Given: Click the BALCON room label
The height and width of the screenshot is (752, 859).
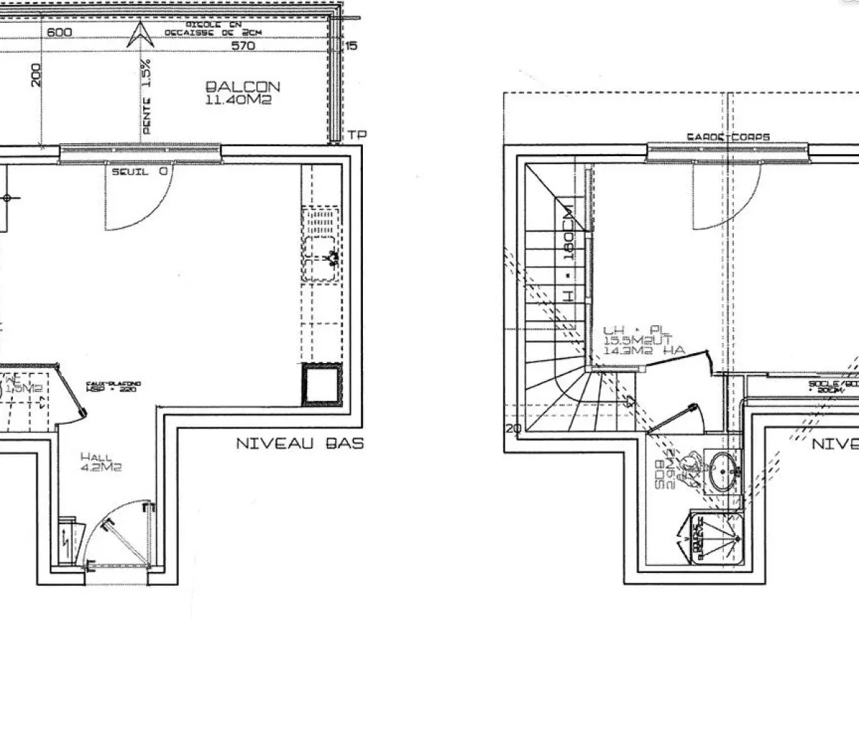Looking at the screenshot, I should click(x=243, y=87).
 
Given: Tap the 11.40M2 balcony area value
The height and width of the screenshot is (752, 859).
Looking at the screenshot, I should click(x=238, y=101).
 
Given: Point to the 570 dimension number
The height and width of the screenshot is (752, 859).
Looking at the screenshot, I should click(x=244, y=46).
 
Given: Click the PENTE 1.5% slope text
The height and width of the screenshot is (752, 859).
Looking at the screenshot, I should click(x=147, y=97).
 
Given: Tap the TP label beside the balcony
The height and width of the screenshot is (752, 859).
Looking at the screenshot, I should click(x=356, y=135).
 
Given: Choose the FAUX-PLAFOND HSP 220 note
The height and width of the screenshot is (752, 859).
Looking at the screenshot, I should click(x=113, y=387).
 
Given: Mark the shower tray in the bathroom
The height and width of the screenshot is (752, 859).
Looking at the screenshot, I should click(x=718, y=537).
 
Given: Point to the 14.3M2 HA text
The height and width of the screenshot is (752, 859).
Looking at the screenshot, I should click(x=644, y=350).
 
